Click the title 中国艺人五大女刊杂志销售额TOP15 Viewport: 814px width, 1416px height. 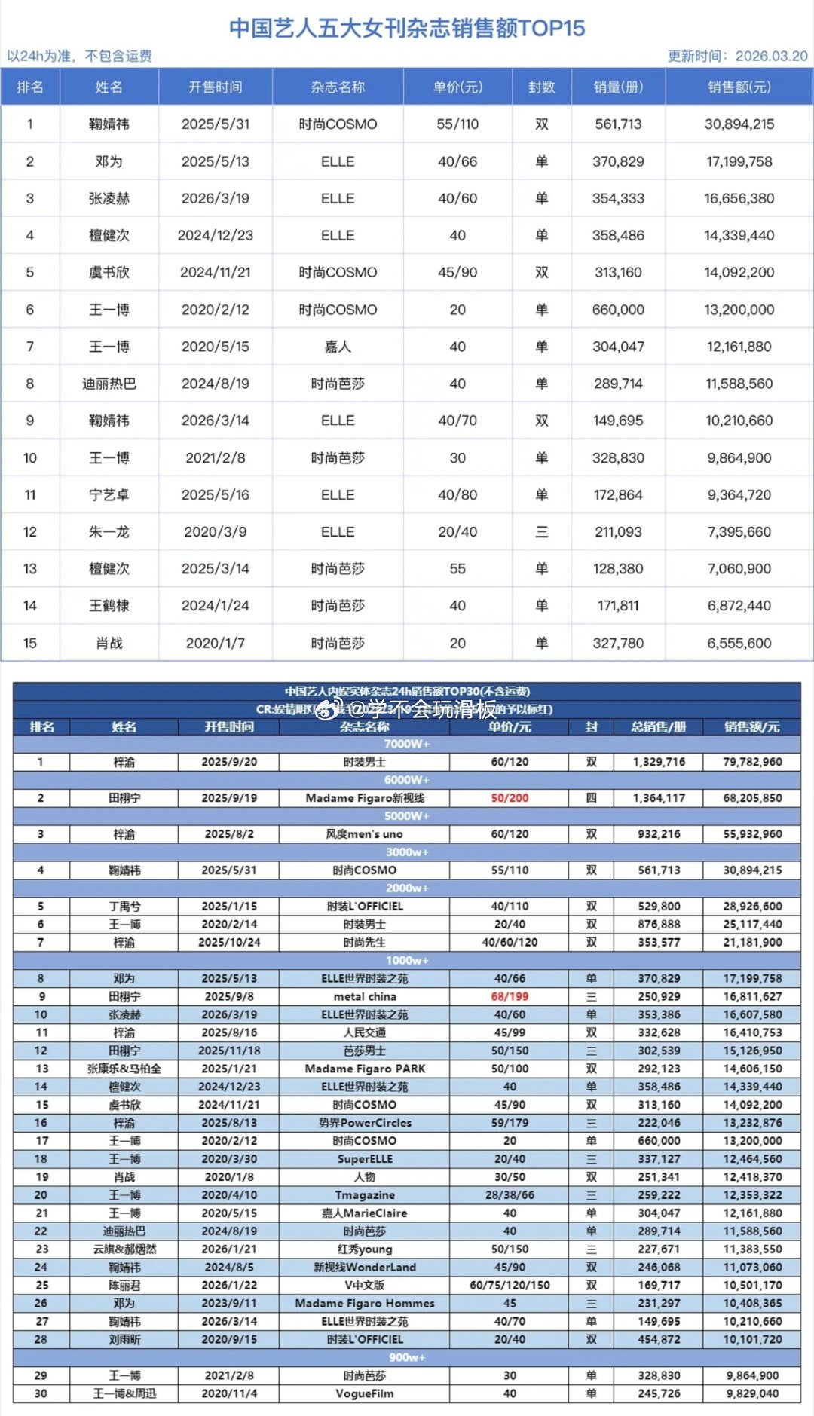tap(407, 28)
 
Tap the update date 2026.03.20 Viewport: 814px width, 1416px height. tap(771, 57)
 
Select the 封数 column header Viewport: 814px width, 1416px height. tap(541, 87)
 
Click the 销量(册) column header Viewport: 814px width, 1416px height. tap(618, 87)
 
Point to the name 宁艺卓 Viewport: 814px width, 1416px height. tap(109, 495)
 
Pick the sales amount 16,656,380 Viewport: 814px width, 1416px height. tap(739, 199)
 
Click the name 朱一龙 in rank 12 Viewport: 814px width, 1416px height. tap(109, 532)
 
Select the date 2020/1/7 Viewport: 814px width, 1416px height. tap(215, 644)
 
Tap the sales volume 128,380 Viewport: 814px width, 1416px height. tap(618, 569)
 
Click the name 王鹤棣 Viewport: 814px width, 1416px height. tap(109, 606)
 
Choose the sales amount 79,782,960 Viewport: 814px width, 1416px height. tap(751, 762)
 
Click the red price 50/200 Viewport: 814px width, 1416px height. tap(510, 798)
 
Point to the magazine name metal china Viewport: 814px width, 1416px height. tap(364, 996)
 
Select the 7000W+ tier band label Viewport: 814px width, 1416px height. tap(406, 744)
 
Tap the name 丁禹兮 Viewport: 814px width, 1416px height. tap(124, 907)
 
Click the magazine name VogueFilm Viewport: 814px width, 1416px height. tap(364, 1393)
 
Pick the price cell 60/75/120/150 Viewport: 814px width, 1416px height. tap(510, 1285)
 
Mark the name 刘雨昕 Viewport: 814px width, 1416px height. tap(124, 1339)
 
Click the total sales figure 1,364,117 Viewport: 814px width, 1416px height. tap(659, 798)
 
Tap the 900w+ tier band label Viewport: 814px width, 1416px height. tap(406, 1357)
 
